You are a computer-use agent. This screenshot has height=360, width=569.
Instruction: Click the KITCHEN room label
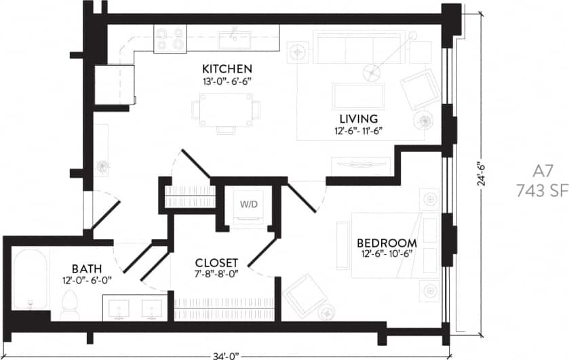227,69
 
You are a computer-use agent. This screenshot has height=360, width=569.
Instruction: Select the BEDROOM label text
387,243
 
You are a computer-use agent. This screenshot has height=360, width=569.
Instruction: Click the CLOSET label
216,263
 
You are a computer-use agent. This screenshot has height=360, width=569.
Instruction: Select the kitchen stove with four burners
168,39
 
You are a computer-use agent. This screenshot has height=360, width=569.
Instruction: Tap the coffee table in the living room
358,94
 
